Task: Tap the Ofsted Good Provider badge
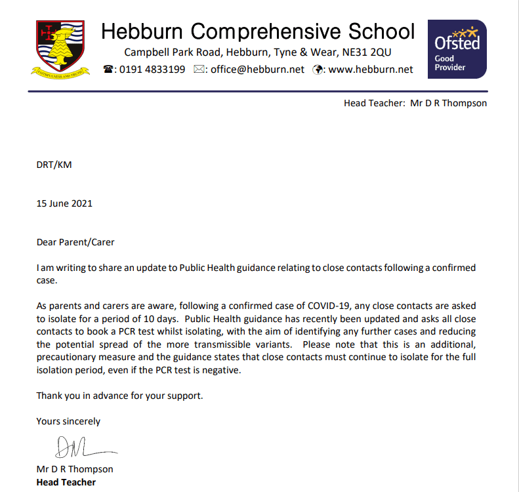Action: tap(457, 49)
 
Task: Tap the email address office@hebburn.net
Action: tap(257, 70)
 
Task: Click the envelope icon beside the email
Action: tap(200, 70)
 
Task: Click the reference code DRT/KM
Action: tap(54, 165)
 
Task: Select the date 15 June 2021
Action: tap(64, 203)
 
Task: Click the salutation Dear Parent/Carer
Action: tap(75, 242)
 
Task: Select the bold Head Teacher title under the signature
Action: tap(66, 482)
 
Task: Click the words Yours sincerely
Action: tap(68, 421)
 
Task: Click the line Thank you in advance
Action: tap(120, 396)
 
